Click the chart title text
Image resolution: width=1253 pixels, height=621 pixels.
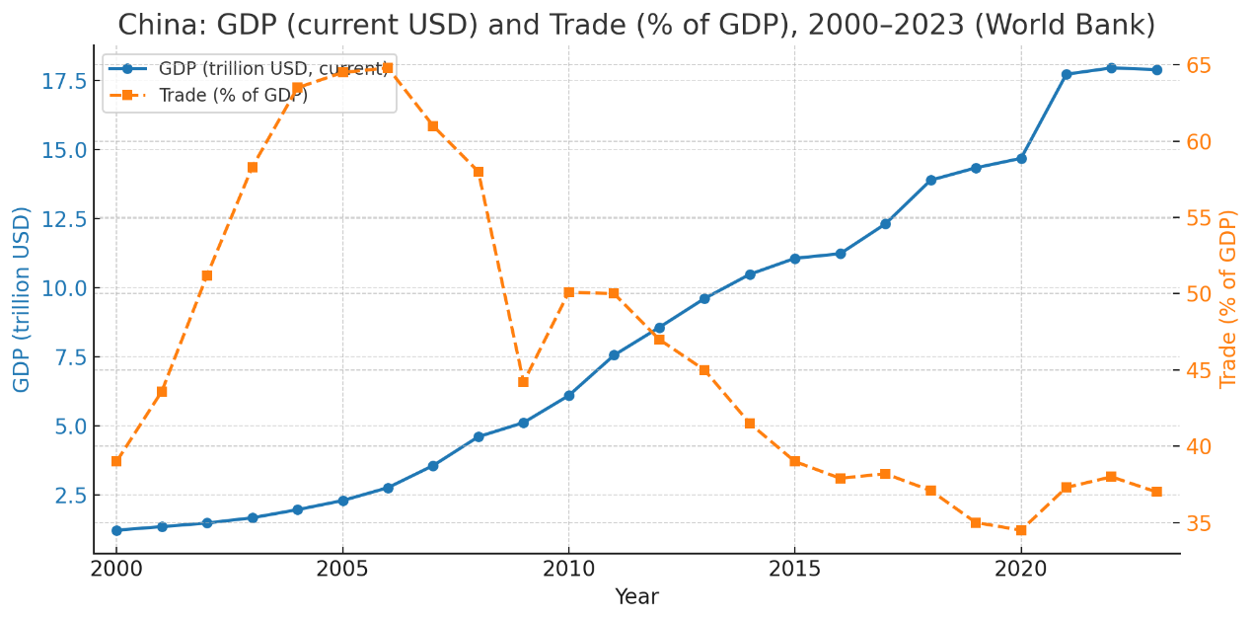pos(636,25)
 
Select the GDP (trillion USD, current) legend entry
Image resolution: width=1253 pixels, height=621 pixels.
pos(273,69)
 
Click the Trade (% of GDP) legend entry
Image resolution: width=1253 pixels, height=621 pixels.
pos(233,96)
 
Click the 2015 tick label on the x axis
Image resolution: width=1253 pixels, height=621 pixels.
pos(794,571)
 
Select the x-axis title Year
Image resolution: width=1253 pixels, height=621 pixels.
pos(636,597)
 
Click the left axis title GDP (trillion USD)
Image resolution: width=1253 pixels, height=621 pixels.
pos(22,299)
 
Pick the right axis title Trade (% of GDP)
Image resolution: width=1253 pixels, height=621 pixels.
pos(1228,299)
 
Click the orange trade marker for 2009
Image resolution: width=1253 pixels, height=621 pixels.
pos(523,382)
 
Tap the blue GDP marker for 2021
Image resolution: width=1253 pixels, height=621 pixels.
pos(1067,74)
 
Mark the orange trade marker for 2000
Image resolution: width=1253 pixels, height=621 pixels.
pos(116,461)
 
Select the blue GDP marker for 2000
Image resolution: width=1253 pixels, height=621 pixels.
pos(116,530)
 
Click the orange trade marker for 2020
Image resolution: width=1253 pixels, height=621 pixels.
pos(1021,530)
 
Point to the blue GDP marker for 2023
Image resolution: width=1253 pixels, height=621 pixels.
pos(1156,70)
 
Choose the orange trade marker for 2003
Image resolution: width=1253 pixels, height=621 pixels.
pos(253,167)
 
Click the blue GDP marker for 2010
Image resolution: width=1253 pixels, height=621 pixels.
pos(568,395)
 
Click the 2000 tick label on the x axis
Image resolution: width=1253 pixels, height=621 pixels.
pos(116,571)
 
